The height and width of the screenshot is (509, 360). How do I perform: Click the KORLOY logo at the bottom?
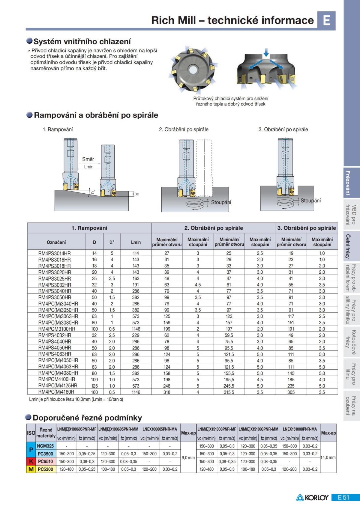(312, 498)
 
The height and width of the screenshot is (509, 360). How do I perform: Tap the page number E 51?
(343, 497)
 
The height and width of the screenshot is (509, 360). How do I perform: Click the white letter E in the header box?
(326, 20)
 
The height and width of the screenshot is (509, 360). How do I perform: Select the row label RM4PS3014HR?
(54, 253)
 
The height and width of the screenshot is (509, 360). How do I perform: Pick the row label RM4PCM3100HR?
(57, 329)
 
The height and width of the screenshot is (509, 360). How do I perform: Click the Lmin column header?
(136, 242)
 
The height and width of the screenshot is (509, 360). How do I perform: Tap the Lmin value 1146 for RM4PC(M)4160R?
(136, 392)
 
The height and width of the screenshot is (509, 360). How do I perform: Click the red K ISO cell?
(31, 462)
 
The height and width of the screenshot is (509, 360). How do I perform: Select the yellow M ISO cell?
(31, 469)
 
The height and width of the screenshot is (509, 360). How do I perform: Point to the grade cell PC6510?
(46, 462)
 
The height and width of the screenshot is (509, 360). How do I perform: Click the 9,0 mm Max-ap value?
(188, 458)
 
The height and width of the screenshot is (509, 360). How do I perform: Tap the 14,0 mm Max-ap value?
(328, 458)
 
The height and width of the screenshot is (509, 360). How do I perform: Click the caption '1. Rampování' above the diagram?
(58, 129)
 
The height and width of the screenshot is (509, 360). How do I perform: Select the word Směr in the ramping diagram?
(88, 159)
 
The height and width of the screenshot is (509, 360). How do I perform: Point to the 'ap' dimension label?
(137, 194)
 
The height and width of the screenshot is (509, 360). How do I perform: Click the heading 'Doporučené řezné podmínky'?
(87, 418)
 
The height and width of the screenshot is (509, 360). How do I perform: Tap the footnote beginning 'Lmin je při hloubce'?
(76, 399)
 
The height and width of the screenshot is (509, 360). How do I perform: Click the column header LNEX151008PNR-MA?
(299, 429)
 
